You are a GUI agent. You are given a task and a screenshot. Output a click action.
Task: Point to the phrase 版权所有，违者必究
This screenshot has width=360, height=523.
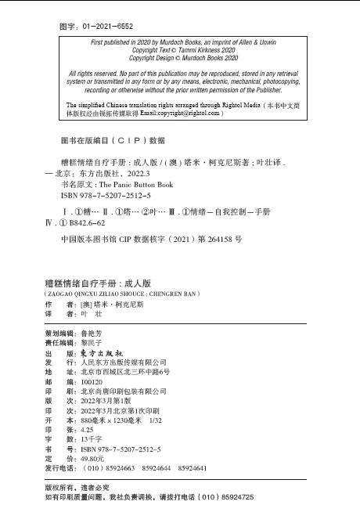point(83,487)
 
